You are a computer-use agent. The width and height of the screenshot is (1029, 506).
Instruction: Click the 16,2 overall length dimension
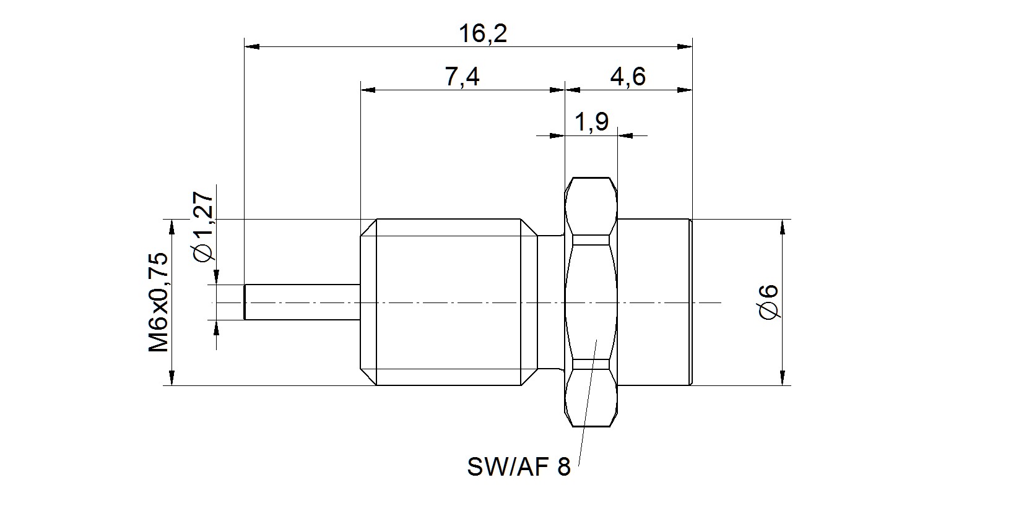[x=483, y=33]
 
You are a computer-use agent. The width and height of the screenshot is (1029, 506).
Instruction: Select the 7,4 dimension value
[x=462, y=77]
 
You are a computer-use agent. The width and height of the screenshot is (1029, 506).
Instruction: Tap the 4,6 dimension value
[x=628, y=77]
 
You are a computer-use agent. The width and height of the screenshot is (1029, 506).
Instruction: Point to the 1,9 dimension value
[x=592, y=122]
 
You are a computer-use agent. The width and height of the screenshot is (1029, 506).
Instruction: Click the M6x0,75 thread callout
[x=158, y=302]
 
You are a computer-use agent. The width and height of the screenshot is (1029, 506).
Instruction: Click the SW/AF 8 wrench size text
[x=518, y=467]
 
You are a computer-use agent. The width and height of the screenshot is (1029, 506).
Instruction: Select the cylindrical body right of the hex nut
[x=654, y=302]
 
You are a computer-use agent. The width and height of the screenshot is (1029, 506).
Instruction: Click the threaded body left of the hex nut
[x=449, y=302]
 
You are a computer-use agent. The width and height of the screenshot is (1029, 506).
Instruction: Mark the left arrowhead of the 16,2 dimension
[x=251, y=46]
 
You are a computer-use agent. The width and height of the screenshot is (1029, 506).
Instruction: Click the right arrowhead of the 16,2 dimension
[x=685, y=46]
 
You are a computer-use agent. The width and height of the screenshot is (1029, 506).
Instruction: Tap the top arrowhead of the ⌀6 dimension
[x=783, y=227]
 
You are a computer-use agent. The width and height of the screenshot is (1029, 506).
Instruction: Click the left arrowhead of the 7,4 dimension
[x=368, y=90]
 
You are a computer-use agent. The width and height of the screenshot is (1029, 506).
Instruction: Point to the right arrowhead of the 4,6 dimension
[x=685, y=90]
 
